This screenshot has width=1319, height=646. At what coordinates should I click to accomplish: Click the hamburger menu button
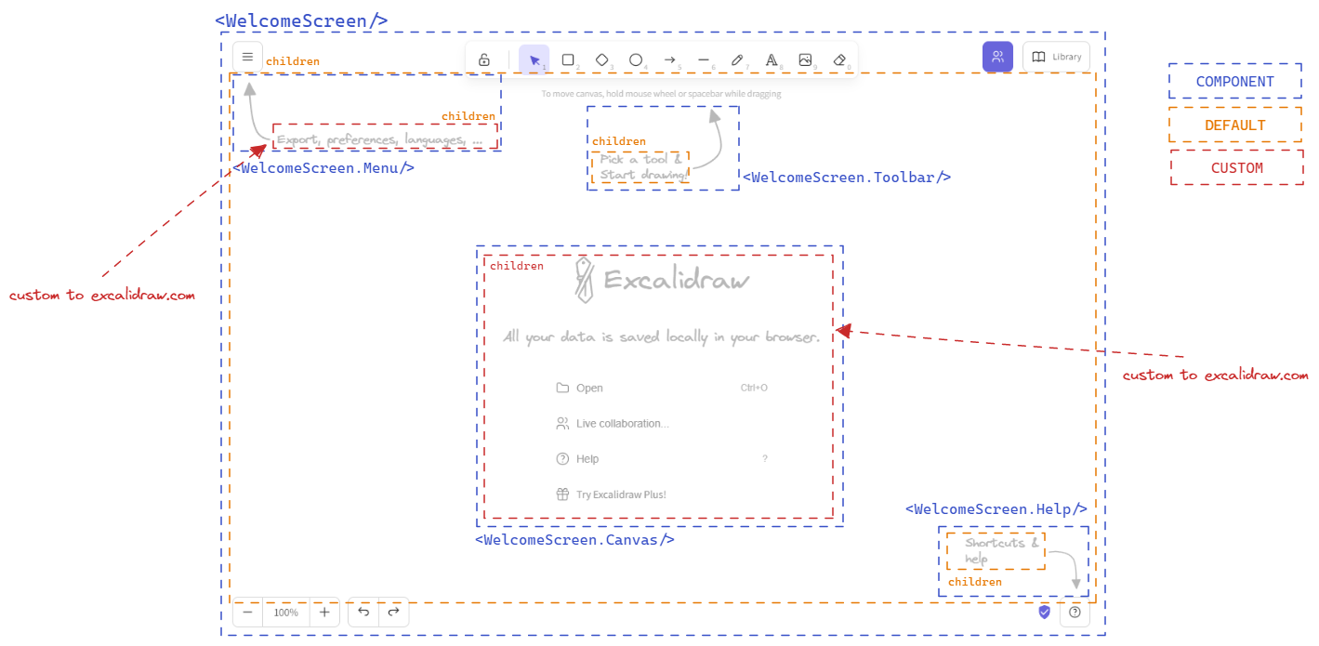coord(247,57)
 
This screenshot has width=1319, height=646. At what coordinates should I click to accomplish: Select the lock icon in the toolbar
coord(484,60)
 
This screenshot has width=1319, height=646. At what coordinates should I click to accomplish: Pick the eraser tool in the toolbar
coord(839,59)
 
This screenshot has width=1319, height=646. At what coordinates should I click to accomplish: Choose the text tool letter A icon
coord(771,59)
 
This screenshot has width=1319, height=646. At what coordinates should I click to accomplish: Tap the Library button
coord(1056,57)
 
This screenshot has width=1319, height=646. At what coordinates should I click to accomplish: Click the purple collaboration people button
coord(997,57)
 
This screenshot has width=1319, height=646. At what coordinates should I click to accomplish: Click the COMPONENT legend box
coord(1234,81)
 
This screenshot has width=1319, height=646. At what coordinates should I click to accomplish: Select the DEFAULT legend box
coord(1234,125)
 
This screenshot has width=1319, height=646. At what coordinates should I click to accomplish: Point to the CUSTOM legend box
coord(1236,168)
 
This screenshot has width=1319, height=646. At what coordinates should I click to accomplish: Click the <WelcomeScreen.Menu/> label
coord(323,168)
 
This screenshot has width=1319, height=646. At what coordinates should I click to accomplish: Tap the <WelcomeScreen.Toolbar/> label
coord(846,177)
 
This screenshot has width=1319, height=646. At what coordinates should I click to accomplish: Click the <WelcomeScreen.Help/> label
coord(996,509)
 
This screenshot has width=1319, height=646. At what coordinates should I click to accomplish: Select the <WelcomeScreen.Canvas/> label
coord(574,539)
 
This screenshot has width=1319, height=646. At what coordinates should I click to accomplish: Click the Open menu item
coord(589,389)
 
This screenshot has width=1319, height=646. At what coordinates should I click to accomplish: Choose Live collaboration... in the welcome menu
coord(621,424)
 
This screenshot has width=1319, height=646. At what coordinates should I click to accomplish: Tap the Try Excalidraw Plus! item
coord(620,494)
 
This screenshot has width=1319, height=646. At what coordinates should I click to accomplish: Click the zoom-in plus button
coord(324,613)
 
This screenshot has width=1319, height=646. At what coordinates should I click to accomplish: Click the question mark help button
coord(1075,613)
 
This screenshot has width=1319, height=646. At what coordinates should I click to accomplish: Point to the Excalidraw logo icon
coord(583,281)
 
